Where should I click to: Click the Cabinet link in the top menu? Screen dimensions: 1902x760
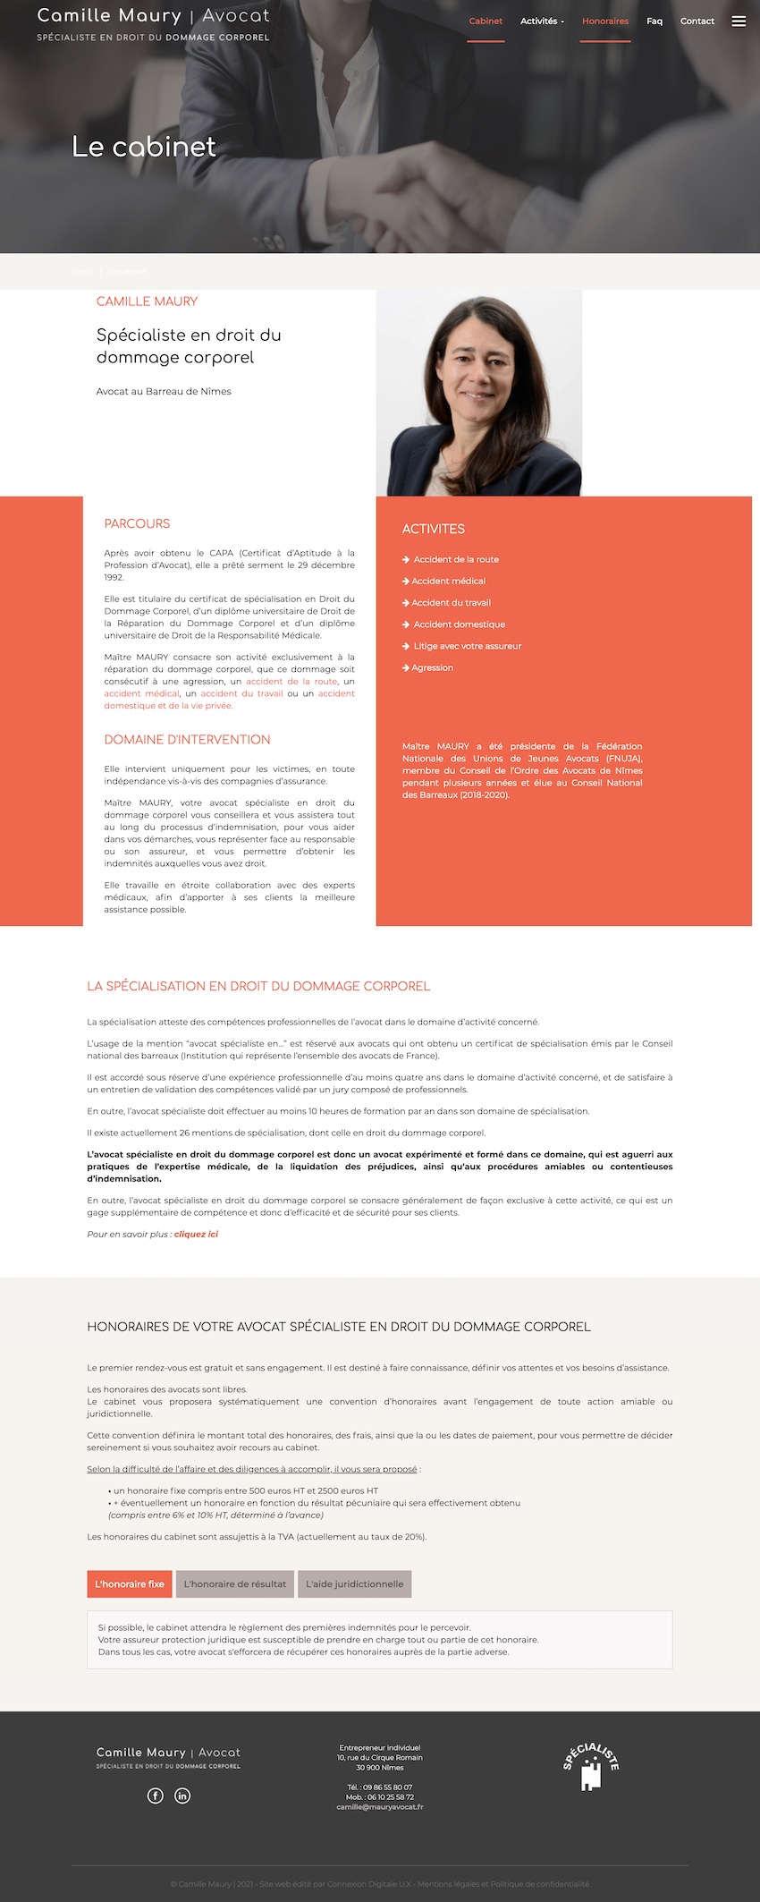pyautogui.click(x=486, y=21)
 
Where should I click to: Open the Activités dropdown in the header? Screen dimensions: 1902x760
pyautogui.click(x=542, y=21)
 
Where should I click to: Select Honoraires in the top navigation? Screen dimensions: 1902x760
pyautogui.click(x=605, y=21)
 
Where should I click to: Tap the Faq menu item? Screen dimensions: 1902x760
pyautogui.click(x=654, y=21)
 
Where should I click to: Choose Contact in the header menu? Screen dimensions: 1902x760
pyautogui.click(x=697, y=21)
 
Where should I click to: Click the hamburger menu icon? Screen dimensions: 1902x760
pyautogui.click(x=739, y=21)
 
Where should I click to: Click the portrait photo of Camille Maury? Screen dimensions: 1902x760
pyautogui.click(x=479, y=393)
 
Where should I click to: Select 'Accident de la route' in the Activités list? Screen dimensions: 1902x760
pyautogui.click(x=456, y=559)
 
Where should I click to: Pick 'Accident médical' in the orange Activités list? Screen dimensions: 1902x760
pyautogui.click(x=448, y=582)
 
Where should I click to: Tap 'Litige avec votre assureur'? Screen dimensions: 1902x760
pyautogui.click(x=467, y=646)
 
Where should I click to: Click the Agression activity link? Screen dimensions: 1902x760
pyautogui.click(x=432, y=668)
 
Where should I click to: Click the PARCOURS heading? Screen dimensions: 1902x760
pyautogui.click(x=137, y=523)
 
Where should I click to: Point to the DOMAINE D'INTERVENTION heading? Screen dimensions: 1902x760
pyautogui.click(x=187, y=740)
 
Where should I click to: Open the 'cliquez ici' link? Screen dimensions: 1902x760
pyautogui.click(x=196, y=1235)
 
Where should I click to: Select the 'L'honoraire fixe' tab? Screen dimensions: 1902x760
pyautogui.click(x=130, y=1584)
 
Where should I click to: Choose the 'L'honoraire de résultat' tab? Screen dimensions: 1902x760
pyautogui.click(x=235, y=1584)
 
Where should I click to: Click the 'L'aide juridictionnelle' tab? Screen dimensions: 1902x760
pyautogui.click(x=354, y=1584)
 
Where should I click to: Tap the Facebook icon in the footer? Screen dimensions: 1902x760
pyautogui.click(x=156, y=1796)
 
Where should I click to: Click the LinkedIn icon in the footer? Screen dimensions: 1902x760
pyautogui.click(x=182, y=1796)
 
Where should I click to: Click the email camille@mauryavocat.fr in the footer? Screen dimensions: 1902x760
pyautogui.click(x=380, y=1807)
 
